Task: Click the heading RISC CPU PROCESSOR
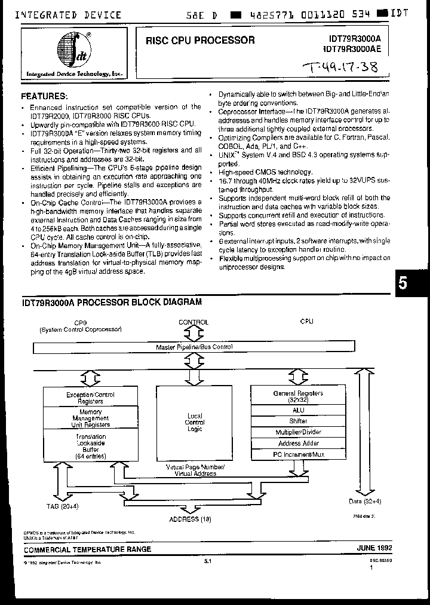(200, 41)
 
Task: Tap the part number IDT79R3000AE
(355, 50)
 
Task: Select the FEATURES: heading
(45, 96)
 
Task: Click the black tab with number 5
(404, 283)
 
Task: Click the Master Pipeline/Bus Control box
(193, 347)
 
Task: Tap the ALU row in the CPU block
(298, 410)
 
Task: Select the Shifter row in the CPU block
(298, 421)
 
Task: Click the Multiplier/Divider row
(298, 432)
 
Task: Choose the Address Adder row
(298, 444)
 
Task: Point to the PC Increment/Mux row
(298, 455)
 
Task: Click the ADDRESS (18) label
(191, 519)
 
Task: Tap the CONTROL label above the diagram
(193, 322)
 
